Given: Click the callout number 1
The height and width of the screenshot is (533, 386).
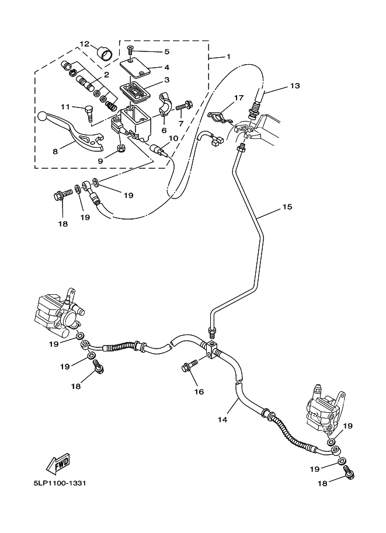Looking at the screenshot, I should click(228, 57).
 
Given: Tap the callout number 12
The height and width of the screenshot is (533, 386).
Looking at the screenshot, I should click(85, 44).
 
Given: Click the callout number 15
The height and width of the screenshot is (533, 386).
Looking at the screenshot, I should click(287, 207).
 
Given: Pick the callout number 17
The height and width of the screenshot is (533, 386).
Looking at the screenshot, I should click(238, 97).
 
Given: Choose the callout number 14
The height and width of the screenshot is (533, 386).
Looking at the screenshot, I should click(222, 419).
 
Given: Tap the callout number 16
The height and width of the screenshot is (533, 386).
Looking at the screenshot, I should click(199, 392).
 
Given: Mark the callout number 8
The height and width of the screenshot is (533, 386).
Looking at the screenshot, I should click(55, 151).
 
